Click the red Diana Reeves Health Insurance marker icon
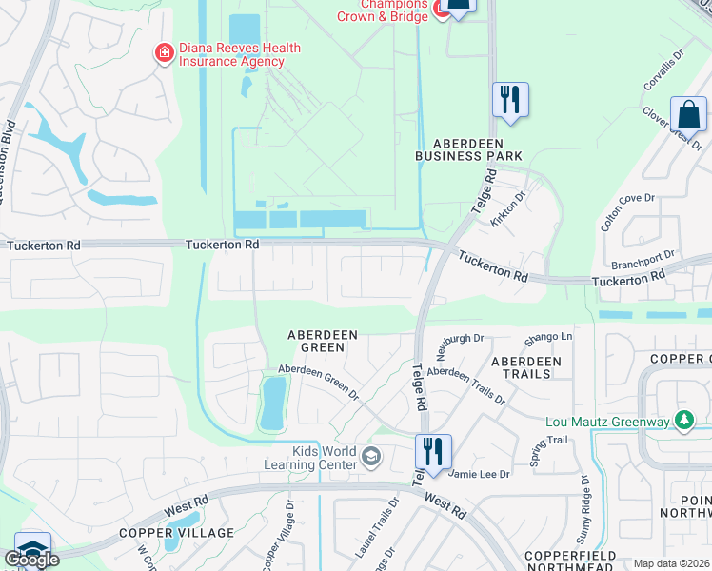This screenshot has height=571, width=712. point(165,52)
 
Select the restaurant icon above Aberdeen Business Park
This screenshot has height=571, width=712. point(510,99)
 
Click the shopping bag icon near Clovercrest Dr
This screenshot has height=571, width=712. point(688,114)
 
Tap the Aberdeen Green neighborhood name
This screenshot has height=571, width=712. point(323,341)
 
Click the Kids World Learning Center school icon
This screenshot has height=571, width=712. point(371,459)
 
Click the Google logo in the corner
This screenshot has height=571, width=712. point(31,560)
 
